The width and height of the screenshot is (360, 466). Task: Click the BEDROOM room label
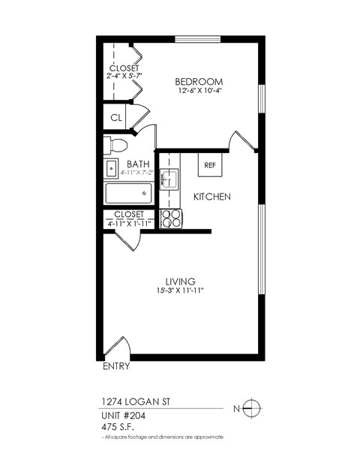[199, 81]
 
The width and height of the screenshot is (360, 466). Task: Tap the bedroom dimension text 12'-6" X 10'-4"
[199, 92]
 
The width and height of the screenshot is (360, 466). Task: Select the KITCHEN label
[211, 197]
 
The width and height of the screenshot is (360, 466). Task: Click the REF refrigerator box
[210, 165]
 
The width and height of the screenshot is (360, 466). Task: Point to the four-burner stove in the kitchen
[172, 218]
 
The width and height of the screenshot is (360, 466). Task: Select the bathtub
[129, 194]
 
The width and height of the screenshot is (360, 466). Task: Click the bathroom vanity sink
[110, 167]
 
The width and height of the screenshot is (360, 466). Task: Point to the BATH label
[137, 164]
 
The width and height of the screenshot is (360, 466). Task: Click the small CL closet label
[116, 118]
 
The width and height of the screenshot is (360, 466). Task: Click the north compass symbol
[253, 408]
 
